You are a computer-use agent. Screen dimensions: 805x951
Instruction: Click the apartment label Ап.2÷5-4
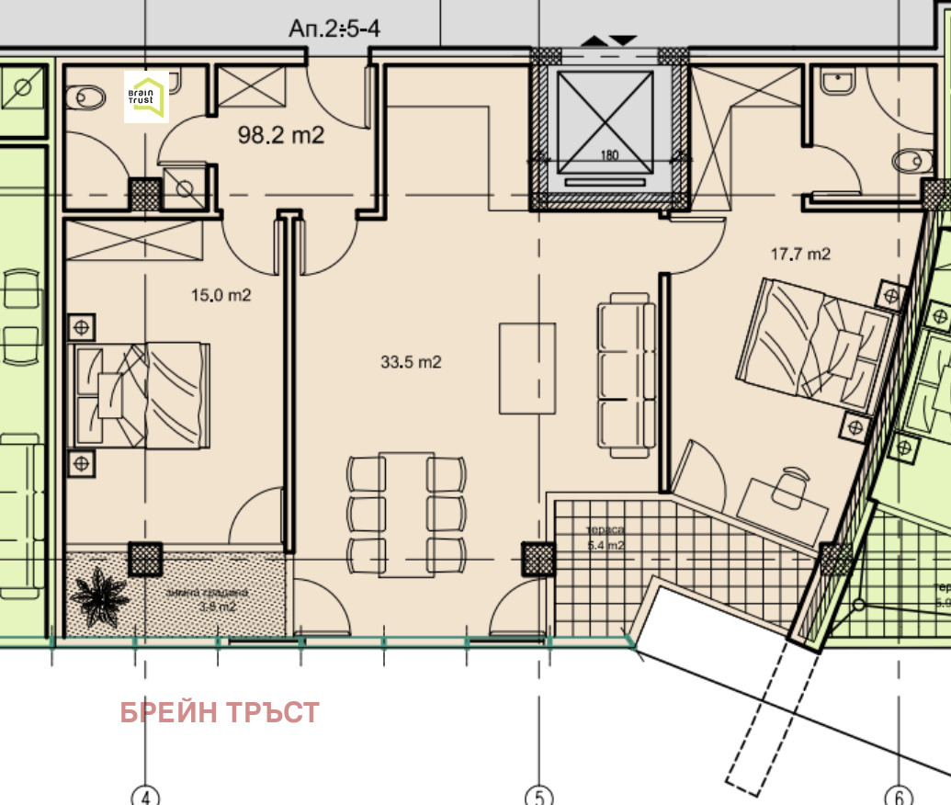(x=334, y=28)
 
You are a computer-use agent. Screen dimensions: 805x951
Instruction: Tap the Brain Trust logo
(x=147, y=96)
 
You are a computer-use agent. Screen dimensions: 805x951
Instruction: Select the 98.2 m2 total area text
(x=281, y=136)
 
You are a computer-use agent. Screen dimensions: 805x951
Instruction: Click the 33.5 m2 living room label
(x=411, y=362)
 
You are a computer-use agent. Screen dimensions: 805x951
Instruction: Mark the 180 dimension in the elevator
(x=608, y=155)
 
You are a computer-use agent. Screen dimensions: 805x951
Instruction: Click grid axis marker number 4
(x=145, y=796)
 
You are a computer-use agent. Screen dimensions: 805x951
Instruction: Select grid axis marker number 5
(x=538, y=796)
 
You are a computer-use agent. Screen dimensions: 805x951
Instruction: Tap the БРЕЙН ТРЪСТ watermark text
(x=220, y=712)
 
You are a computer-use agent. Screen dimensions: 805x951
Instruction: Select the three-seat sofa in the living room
(x=624, y=375)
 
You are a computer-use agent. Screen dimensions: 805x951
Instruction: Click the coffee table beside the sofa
(x=527, y=368)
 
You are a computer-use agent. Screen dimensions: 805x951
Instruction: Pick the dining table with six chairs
(x=406, y=513)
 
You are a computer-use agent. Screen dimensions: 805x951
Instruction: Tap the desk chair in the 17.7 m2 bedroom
(x=790, y=485)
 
